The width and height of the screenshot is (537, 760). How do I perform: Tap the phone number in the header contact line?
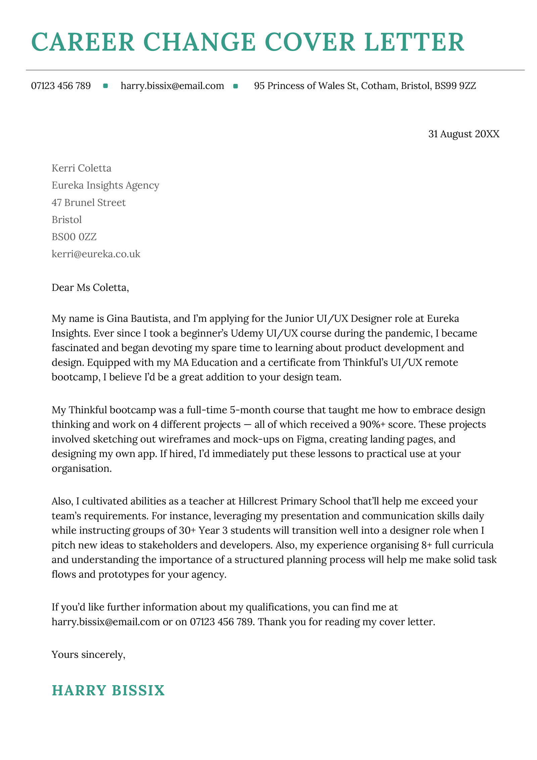(61, 86)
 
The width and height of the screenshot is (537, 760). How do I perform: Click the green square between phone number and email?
(105, 86)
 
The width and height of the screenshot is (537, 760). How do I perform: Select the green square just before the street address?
(236, 86)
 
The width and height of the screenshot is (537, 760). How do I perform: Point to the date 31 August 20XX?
(463, 134)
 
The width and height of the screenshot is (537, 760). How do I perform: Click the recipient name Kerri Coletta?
(81, 168)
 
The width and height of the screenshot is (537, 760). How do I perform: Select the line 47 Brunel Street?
(88, 203)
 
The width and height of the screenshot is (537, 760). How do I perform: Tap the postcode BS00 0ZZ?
(74, 237)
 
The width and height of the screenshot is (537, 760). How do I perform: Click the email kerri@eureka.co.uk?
(96, 254)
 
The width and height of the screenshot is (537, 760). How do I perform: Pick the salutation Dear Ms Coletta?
(90, 287)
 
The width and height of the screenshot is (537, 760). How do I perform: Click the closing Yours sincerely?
(88, 655)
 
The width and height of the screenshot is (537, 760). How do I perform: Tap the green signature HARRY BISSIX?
(108, 691)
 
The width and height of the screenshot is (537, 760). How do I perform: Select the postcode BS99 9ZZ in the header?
(455, 86)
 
